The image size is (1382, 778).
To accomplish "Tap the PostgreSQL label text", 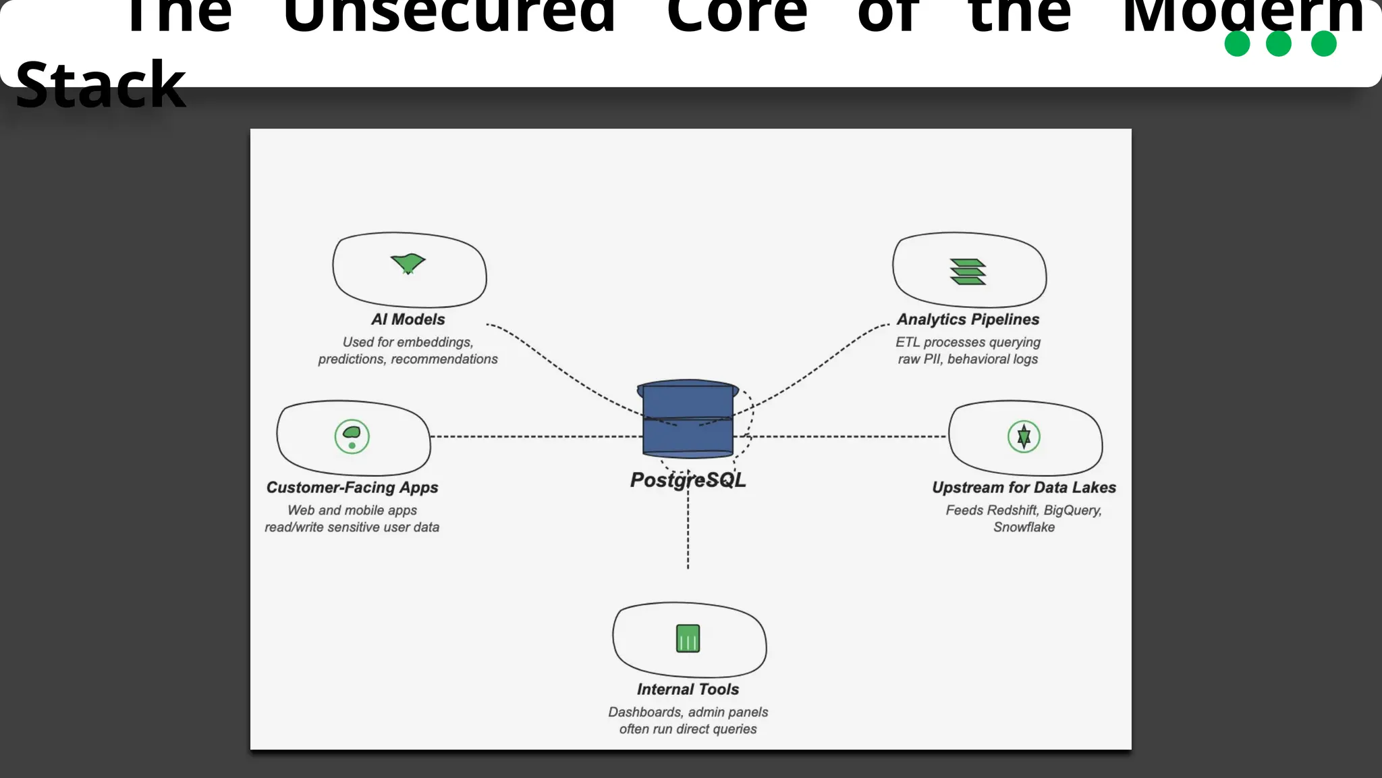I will [x=688, y=480].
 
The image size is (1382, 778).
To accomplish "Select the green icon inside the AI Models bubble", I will [x=408, y=263].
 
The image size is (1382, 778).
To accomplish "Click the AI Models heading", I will [x=408, y=319].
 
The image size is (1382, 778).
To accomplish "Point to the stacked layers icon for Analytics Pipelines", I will [x=968, y=271].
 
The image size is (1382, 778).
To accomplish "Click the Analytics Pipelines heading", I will [x=968, y=319].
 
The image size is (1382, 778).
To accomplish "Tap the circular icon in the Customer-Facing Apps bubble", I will [x=352, y=436].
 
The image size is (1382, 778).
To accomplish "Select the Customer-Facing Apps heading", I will [x=352, y=488].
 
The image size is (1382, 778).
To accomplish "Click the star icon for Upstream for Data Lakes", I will [x=1024, y=436].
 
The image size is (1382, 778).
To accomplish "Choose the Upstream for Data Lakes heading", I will [x=1024, y=488].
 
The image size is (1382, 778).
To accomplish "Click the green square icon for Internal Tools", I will [x=688, y=638].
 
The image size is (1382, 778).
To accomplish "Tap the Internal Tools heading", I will [x=688, y=690].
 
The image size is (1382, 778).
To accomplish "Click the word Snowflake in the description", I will [x=1024, y=527].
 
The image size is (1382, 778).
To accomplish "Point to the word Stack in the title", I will [x=100, y=85].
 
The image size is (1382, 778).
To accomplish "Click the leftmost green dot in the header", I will [x=1237, y=44].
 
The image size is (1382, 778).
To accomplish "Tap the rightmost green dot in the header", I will [x=1323, y=44].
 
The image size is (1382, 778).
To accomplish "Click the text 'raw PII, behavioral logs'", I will [x=968, y=359].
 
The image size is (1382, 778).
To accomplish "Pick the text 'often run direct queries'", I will [x=688, y=729].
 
